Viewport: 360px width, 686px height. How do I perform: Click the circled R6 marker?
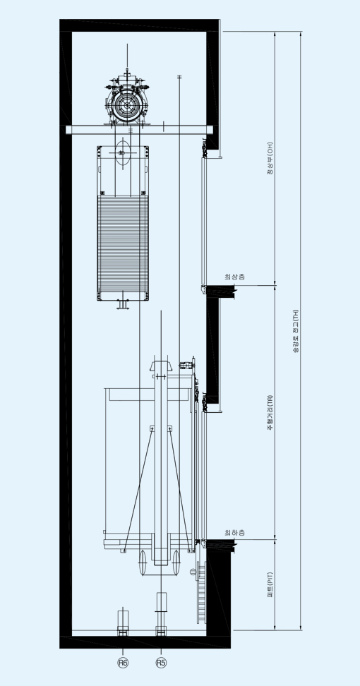pyautogui.click(x=123, y=663)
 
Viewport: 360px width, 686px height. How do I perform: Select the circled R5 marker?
pyautogui.click(x=161, y=663)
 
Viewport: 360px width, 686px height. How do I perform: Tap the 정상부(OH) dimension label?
pyautogui.click(x=270, y=158)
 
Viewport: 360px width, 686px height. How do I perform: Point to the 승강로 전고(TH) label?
pyautogui.click(x=296, y=331)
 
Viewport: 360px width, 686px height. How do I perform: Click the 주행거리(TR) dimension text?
pyautogui.click(x=270, y=412)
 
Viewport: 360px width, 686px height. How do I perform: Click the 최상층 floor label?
pyautogui.click(x=234, y=277)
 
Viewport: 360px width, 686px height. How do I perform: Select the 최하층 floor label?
pyautogui.click(x=234, y=532)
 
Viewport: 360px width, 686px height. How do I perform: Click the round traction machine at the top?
pyautogui.click(x=127, y=105)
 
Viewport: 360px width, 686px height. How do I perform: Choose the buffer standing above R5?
pyautogui.click(x=161, y=613)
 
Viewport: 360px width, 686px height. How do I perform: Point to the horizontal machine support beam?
pyautogui.click(x=140, y=130)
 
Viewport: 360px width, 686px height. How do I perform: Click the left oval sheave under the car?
pyautogui.click(x=143, y=562)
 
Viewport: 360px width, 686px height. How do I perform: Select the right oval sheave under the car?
pyautogui.click(x=176, y=562)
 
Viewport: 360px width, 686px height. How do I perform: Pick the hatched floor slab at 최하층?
pyautogui.click(x=221, y=545)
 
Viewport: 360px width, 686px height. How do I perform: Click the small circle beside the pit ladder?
pyautogui.click(x=193, y=572)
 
